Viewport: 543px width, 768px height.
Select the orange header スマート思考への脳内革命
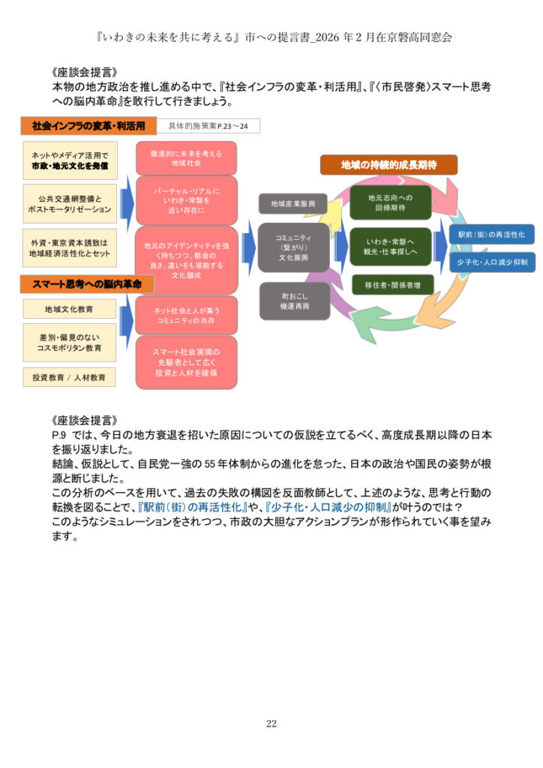tap(82, 283)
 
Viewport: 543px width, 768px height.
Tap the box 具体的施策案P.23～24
tap(208, 126)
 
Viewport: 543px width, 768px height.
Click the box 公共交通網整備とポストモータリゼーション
tap(70, 203)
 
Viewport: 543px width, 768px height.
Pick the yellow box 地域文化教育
tap(69, 308)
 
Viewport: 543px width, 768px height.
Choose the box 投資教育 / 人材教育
tap(69, 376)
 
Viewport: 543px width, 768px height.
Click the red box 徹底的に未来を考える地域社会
tap(186, 157)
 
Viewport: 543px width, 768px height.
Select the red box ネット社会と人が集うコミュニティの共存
tap(186, 315)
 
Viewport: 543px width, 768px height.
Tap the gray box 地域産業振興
tap(293, 203)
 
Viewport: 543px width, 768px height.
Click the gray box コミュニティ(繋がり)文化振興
tap(293, 247)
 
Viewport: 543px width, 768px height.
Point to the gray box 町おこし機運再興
tap(294, 301)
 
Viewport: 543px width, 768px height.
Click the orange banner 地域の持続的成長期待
tap(388, 164)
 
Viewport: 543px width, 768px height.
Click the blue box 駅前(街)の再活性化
tap(491, 234)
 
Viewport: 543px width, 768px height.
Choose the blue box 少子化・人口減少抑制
tap(491, 262)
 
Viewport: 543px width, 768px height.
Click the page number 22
tap(271, 723)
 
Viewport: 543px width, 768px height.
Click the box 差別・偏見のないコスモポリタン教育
tap(69, 343)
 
